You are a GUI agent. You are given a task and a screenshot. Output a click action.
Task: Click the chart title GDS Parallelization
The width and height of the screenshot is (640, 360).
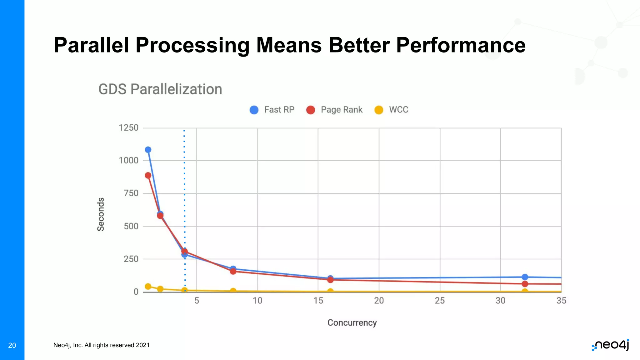point(160,89)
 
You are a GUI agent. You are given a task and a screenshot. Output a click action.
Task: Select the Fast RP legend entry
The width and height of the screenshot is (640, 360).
point(272,110)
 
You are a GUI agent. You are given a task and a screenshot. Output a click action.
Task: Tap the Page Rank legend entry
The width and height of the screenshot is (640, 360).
point(335,110)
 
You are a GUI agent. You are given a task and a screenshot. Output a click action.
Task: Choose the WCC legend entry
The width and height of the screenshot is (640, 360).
point(392,110)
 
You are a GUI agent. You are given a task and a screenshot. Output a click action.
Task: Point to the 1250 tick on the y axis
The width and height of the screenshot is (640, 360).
point(128,128)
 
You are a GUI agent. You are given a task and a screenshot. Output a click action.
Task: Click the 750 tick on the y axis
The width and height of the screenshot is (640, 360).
point(131,193)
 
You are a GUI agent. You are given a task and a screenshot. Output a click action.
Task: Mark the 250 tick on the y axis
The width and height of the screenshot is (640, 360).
point(131,259)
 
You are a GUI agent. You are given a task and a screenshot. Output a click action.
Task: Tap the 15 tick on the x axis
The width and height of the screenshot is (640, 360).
point(318,301)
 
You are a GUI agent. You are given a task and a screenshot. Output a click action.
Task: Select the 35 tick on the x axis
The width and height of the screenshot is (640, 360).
point(561,301)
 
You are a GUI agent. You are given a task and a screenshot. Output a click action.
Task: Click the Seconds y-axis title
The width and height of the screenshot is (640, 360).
point(101,214)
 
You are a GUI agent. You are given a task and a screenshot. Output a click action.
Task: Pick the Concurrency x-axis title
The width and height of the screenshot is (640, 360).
point(352,323)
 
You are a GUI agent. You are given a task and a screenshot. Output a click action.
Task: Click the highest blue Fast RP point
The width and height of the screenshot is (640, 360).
point(148,150)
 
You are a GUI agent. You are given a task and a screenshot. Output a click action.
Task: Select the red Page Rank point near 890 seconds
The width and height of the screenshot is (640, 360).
point(148,176)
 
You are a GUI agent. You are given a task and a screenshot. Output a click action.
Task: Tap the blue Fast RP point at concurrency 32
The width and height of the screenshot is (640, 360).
point(525,277)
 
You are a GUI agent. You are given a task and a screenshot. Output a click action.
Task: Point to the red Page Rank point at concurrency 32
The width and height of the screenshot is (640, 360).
point(525,284)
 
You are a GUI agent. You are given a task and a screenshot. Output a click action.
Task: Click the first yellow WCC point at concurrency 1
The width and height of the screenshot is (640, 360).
point(148,286)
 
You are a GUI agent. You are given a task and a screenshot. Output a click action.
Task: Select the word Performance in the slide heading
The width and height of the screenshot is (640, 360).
point(461,45)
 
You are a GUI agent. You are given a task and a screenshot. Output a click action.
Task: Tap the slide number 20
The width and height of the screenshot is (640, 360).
point(12,345)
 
